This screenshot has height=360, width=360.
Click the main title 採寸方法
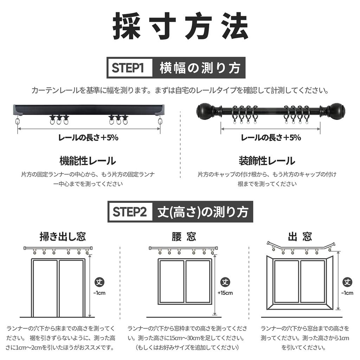(x=180, y=26)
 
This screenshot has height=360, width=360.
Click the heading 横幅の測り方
(x=200, y=68)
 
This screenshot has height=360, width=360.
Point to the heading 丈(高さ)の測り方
(x=203, y=212)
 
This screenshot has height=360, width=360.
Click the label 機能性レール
(x=88, y=161)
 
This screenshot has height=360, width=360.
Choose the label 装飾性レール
(x=267, y=161)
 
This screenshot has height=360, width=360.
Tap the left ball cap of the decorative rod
(x=203, y=111)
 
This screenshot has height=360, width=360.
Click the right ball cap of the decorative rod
(x=337, y=111)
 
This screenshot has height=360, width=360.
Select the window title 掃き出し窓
(x=63, y=237)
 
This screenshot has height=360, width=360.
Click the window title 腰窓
(x=184, y=237)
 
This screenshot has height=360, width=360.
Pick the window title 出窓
(x=300, y=237)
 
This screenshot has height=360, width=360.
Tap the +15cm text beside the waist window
(x=225, y=293)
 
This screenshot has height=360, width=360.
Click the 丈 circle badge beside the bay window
(x=347, y=282)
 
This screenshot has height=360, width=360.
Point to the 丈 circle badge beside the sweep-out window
(x=99, y=282)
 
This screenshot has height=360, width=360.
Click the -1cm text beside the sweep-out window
(x=99, y=293)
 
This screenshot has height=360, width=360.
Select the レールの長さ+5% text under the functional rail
(x=88, y=137)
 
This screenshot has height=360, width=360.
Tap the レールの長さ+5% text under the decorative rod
(x=271, y=137)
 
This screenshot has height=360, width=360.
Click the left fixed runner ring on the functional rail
(x=18, y=121)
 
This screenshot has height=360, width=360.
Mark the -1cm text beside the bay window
(x=347, y=293)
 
